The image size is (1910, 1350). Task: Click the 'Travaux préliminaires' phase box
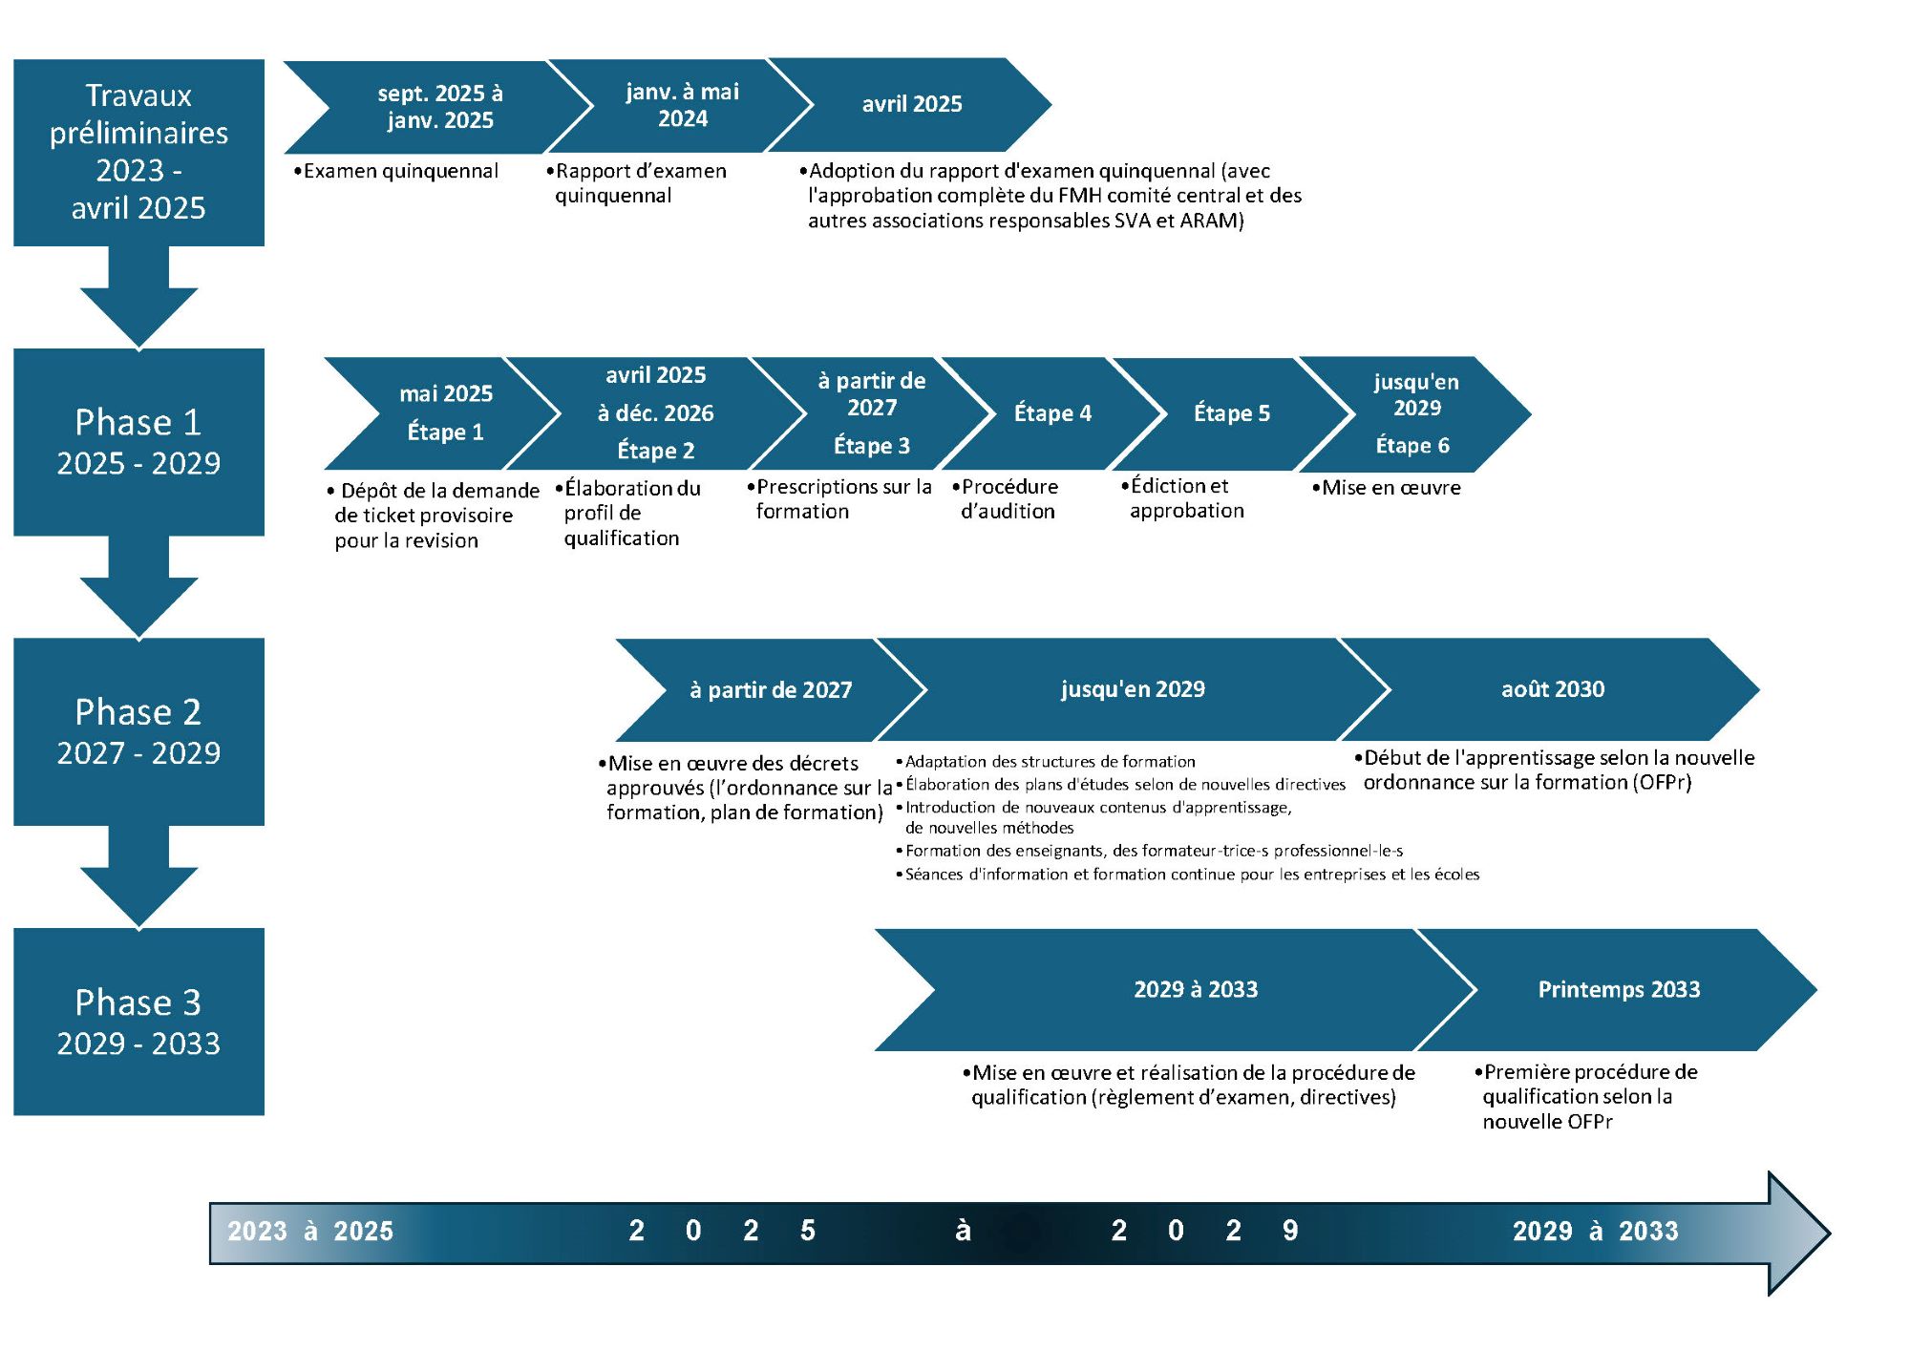[x=138, y=153]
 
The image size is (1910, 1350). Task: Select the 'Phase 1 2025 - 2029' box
[x=138, y=442]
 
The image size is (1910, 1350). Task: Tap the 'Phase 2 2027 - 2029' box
[x=138, y=731]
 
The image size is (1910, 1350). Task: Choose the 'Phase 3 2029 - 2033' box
[x=138, y=1022]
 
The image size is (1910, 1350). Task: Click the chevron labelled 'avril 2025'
[x=912, y=104]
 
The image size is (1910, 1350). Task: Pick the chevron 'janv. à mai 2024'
[x=682, y=105]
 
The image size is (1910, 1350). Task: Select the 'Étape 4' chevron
[x=1052, y=413]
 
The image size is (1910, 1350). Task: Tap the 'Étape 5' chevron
[x=1232, y=413]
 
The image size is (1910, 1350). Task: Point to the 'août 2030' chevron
[x=1552, y=689]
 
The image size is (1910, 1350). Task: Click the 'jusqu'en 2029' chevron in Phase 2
[x=1133, y=689]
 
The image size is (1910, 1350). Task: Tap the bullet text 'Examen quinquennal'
[x=396, y=171]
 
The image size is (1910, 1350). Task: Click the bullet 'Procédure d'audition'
[x=1006, y=498]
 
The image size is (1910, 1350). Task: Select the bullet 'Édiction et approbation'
[x=1183, y=497]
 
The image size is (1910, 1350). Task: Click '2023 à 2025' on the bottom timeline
[x=310, y=1231]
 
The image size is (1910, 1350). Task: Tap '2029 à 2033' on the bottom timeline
[x=1595, y=1231]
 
